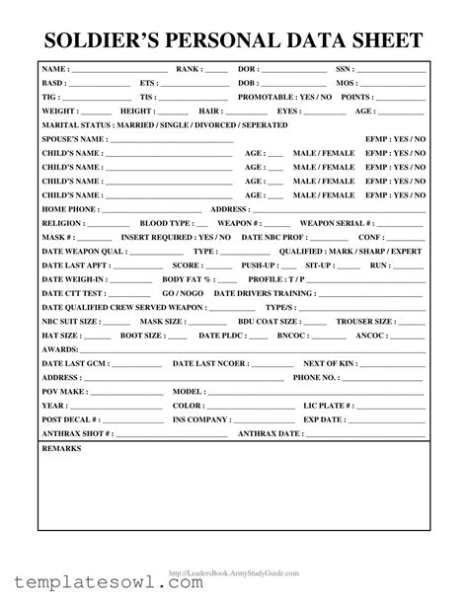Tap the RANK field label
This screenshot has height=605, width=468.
(189, 70)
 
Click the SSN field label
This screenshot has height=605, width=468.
(344, 70)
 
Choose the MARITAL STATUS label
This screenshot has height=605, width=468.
(76, 126)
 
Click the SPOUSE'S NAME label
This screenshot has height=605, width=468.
(72, 140)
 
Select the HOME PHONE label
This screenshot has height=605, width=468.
(69, 210)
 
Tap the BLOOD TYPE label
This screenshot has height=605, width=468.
(166, 224)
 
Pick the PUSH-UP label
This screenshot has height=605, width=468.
(259, 265)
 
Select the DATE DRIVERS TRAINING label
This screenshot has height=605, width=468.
(265, 293)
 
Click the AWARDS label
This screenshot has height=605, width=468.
(60, 349)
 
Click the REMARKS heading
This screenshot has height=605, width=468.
(61, 448)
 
